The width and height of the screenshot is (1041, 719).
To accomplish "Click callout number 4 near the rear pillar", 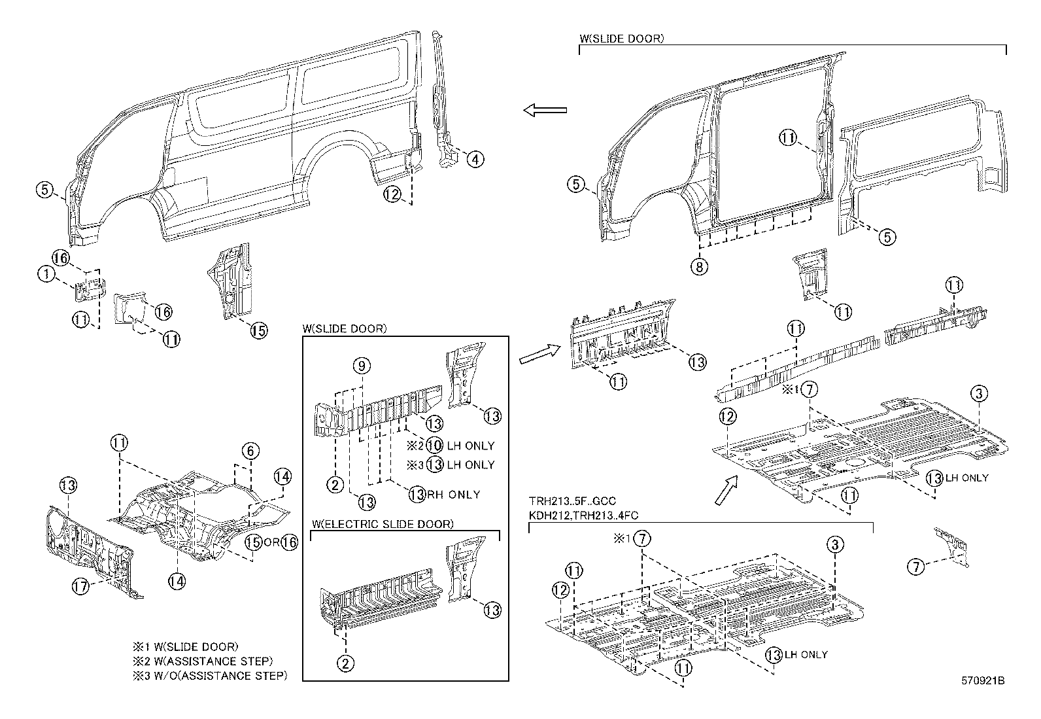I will point(475,159).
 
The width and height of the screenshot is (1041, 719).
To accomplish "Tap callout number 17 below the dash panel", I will point(80,587).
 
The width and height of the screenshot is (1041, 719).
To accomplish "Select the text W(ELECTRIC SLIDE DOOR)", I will point(383,524).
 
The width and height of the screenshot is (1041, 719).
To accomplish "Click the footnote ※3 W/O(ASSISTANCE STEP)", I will point(209,676).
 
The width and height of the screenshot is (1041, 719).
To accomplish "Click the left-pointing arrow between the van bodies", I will point(545,111).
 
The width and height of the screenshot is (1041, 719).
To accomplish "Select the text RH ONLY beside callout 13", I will point(453,495).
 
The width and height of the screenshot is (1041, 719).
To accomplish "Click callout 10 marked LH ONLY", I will point(434,446).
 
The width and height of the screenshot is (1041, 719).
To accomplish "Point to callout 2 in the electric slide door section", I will point(345,663).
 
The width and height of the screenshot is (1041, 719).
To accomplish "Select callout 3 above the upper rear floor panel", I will point(978,394).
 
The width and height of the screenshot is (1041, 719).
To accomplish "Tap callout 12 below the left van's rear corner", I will point(392,194).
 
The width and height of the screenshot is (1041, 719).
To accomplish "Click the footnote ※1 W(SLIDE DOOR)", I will point(185,647).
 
